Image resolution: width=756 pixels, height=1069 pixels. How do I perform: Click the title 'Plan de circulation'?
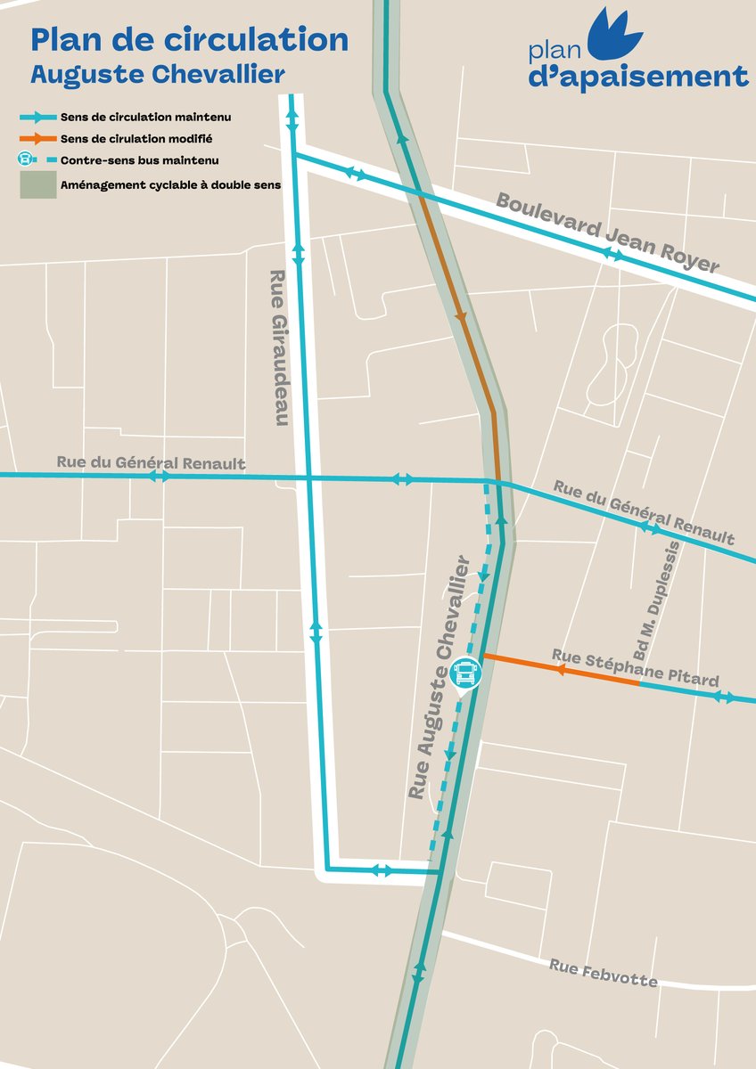pos(189,40)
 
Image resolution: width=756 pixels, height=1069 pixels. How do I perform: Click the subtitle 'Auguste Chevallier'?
pos(157,75)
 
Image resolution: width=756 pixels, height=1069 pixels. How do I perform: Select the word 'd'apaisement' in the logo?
pos(638,78)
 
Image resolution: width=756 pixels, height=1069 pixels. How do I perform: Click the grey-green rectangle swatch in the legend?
pos(37,185)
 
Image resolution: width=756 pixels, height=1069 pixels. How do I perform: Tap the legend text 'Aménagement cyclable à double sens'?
pos(171,185)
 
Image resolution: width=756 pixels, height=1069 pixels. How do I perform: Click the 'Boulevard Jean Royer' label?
pos(608,232)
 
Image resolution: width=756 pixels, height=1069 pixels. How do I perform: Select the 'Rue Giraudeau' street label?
pos(278,347)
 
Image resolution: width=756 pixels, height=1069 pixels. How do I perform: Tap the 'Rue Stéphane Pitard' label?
pos(636,669)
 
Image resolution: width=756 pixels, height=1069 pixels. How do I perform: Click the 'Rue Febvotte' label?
pos(604,973)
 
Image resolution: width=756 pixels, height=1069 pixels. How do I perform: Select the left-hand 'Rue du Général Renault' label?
pos(151,462)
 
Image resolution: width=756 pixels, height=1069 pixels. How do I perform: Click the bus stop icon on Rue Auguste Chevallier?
pos(464,673)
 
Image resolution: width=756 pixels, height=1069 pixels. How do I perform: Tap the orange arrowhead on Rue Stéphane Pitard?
pos(562,670)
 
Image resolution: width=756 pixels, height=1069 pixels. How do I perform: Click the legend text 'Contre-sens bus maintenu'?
pos(140,160)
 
